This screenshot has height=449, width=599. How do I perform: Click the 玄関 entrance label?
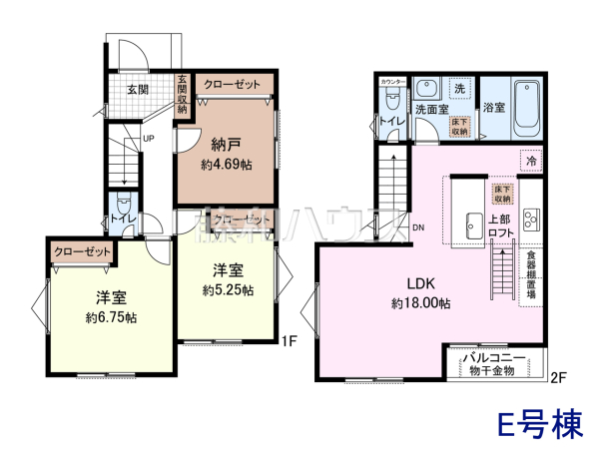139,89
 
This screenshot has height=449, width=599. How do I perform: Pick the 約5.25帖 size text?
227,290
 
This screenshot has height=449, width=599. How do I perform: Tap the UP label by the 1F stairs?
148,138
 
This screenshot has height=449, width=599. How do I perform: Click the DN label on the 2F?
417,226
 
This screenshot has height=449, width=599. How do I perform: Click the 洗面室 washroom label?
430,110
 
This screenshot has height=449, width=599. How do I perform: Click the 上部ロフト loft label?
501,224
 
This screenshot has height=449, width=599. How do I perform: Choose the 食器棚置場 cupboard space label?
532,275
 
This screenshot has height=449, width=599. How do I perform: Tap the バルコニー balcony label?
495,356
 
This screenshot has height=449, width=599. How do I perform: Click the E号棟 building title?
541,423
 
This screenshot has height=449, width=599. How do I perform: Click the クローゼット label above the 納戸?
233,86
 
